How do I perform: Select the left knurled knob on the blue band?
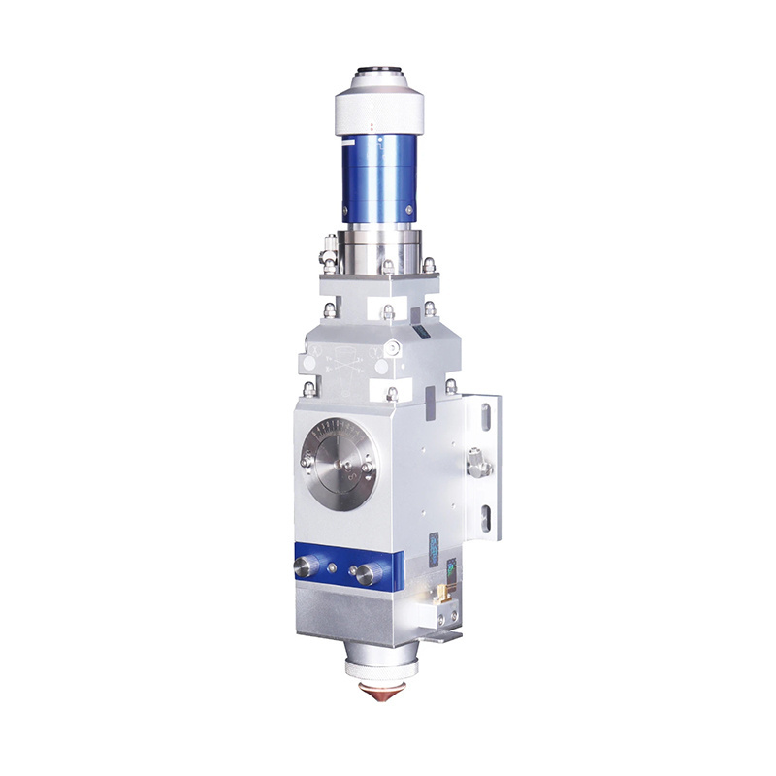click(308, 567)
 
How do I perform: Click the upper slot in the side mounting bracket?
click(484, 418)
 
